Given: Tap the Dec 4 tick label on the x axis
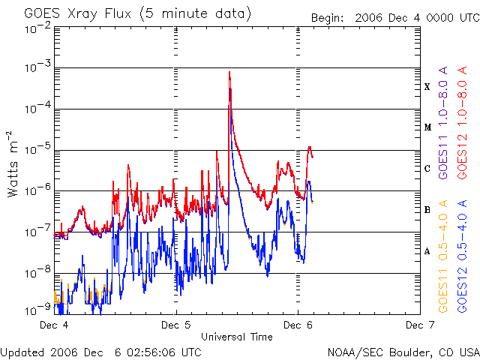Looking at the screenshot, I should tap(54, 325).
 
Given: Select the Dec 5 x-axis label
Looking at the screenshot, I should tap(176, 325).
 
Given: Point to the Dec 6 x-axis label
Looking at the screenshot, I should tap(298, 325).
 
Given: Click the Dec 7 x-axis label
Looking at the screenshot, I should tap(419, 325).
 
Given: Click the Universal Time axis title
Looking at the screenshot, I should tap(236, 337).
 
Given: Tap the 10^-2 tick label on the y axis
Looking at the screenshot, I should tap(36, 28).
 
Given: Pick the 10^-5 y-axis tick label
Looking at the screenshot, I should tap(36, 150).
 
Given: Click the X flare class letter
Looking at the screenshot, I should tap(427, 87).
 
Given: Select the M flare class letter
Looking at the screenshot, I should tap(427, 127).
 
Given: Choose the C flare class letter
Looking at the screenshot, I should tap(427, 169).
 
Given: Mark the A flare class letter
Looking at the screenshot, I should tap(427, 251).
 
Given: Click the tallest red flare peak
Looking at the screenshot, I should tap(229, 72).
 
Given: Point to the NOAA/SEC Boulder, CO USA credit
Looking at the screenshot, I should tap(403, 351).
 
